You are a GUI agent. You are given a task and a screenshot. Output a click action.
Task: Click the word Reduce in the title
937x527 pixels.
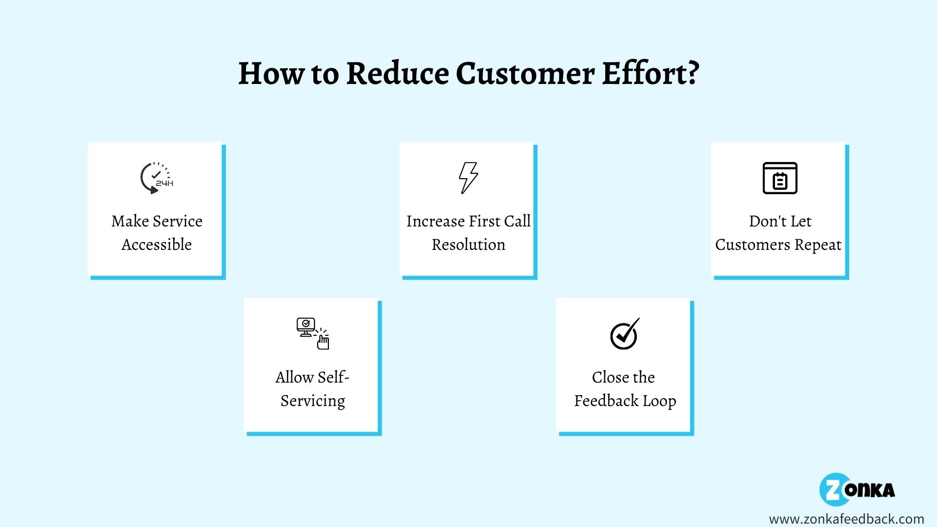[x=397, y=74]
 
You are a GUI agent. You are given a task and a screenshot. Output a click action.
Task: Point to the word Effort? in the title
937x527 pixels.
[x=651, y=74]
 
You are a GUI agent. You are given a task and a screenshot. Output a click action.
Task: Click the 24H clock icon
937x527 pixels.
[x=156, y=178]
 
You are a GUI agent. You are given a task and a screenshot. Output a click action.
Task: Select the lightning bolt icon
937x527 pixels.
[x=468, y=178]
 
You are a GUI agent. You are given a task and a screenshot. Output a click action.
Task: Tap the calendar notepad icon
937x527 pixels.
[x=780, y=178]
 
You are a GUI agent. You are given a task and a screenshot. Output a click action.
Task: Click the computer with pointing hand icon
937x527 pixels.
[x=313, y=334]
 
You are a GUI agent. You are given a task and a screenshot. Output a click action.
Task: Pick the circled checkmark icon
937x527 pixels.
[x=625, y=334]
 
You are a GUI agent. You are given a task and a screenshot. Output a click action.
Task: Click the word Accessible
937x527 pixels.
[x=157, y=244]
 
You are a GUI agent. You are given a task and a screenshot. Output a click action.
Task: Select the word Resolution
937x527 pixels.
[x=468, y=244]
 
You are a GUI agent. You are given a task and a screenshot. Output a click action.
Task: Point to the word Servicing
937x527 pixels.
[x=313, y=401]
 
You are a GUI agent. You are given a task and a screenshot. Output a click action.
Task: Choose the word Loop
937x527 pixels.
[x=659, y=401]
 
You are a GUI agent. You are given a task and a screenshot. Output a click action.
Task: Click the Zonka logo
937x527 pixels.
[x=857, y=489]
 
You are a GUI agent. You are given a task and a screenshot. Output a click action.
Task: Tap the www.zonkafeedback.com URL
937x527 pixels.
[x=846, y=519]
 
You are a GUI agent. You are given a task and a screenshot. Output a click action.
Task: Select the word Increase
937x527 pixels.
[x=436, y=221]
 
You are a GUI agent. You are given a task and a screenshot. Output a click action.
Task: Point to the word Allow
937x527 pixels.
[x=294, y=377]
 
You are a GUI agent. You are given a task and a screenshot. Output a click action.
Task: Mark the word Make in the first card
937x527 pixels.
[x=130, y=221]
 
